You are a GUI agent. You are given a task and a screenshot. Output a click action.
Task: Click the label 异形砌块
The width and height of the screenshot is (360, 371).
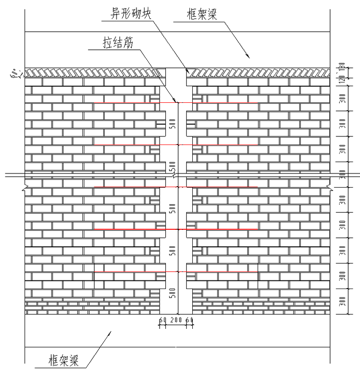tap(125, 13)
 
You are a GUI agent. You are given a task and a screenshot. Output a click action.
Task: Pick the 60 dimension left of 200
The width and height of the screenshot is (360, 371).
tap(162, 321)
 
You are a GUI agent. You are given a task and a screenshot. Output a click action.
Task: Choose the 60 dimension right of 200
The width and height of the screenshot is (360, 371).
tap(190, 321)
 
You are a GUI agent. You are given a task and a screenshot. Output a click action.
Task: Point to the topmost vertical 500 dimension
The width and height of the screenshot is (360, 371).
tap(172, 124)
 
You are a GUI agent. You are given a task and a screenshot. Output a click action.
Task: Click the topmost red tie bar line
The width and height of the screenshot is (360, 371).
tap(176, 103)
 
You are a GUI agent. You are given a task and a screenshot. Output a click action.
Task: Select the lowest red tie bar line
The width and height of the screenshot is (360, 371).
tap(176, 271)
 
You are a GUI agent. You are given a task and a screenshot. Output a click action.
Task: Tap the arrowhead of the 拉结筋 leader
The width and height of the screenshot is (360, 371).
tap(177, 101)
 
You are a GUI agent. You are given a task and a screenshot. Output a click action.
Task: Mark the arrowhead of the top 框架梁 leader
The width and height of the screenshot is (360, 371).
tap(247, 56)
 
